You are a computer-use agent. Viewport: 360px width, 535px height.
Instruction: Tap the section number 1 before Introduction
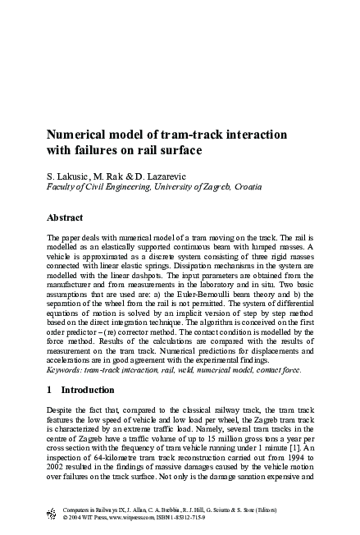coord(50,389)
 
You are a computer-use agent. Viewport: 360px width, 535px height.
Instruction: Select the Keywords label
coord(65,369)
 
